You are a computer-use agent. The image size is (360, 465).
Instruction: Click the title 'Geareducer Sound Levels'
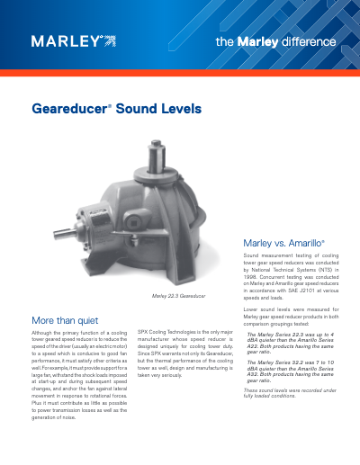click(117, 110)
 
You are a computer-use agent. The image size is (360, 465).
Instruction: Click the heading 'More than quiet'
click(65, 319)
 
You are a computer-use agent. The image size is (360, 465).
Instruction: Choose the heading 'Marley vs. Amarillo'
click(283, 243)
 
